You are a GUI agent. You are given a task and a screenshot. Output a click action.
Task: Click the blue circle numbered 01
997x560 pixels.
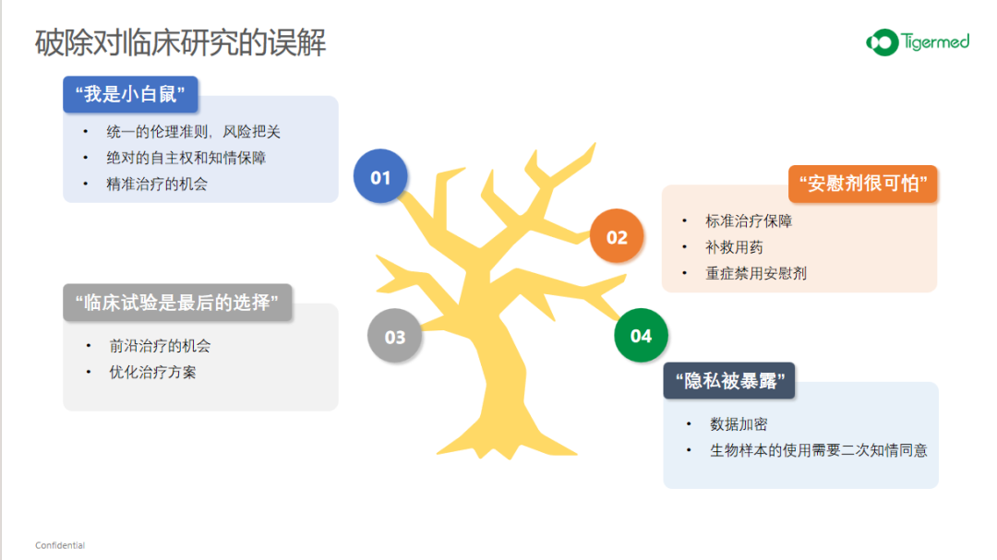(380, 176)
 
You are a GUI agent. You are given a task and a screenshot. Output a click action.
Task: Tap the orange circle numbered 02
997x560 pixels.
(617, 236)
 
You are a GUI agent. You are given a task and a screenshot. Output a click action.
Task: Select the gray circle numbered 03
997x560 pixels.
(394, 336)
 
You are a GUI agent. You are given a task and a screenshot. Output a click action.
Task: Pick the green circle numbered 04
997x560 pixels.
(641, 335)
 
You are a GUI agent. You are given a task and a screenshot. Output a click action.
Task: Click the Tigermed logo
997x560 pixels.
(918, 42)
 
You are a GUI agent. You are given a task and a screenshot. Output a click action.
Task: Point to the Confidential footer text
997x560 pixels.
(60, 545)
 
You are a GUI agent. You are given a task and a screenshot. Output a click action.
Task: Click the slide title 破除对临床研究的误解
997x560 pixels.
(181, 42)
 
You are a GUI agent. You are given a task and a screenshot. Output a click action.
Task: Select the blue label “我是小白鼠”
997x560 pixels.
(130, 95)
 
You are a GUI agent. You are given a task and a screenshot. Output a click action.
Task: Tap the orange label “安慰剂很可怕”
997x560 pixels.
(863, 184)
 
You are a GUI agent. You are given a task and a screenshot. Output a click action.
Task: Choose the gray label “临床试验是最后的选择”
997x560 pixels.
(177, 303)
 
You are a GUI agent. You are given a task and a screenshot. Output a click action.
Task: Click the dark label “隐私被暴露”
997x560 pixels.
(729, 381)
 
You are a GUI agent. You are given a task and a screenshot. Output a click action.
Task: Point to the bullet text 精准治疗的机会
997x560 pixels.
(157, 185)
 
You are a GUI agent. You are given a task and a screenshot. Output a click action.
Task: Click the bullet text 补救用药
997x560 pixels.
(734, 247)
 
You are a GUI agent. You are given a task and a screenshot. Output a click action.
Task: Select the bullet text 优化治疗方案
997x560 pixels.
(152, 372)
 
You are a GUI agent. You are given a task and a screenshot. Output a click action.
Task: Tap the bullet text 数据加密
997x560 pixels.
(739, 424)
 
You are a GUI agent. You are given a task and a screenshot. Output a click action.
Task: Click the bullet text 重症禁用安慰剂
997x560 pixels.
(756, 273)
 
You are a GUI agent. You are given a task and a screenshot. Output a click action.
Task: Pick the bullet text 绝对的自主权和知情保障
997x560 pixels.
(186, 158)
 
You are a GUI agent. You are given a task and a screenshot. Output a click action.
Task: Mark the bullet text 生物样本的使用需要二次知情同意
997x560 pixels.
(818, 450)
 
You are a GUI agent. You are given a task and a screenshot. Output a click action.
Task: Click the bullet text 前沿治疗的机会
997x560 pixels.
(160, 346)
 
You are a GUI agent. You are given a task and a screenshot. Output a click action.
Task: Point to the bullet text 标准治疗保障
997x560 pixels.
(749, 221)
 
